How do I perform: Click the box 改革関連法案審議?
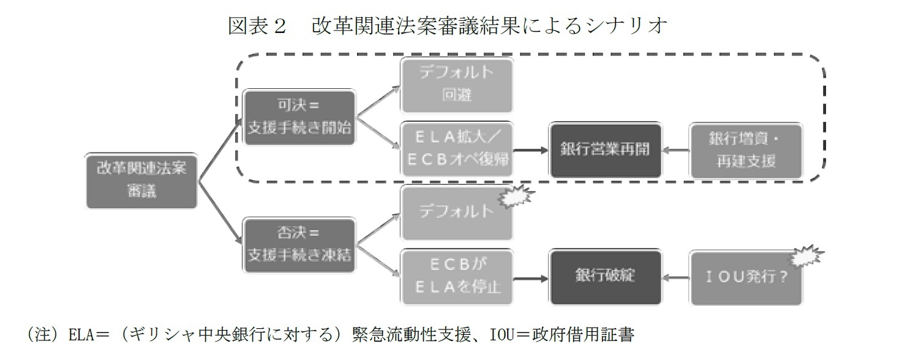(x=142, y=179)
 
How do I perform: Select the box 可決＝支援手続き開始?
(x=299, y=118)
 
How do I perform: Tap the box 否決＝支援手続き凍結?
(x=299, y=244)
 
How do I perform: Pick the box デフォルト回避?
(x=456, y=84)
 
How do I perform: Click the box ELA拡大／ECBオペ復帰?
(x=456, y=150)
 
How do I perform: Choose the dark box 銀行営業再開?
(x=606, y=150)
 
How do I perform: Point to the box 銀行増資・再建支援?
(x=745, y=150)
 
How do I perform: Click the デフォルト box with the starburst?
(x=456, y=212)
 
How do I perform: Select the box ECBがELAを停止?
(x=456, y=277)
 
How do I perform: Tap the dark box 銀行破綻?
(x=606, y=277)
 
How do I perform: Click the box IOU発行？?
(x=745, y=277)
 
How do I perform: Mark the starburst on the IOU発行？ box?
(x=806, y=257)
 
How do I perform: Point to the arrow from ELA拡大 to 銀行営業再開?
(x=531, y=150)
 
